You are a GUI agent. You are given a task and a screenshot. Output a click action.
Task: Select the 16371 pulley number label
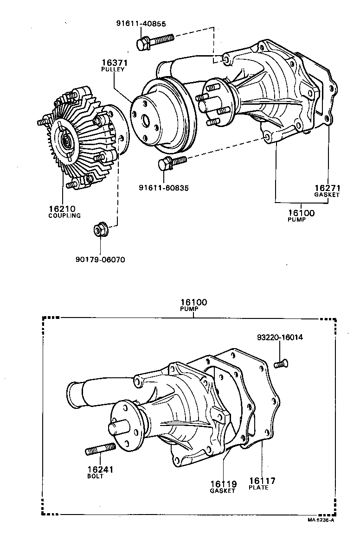[115, 63]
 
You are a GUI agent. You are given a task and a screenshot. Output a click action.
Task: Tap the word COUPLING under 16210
[64, 216]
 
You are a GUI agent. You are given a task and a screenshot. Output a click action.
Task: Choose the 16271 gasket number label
[328, 188]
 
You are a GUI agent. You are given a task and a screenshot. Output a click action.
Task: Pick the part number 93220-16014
[280, 337]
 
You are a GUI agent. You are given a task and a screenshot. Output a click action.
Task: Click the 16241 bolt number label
[101, 470]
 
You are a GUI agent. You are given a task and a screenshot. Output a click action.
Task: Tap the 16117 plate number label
[262, 481]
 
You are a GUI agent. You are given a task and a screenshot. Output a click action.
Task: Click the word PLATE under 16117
[258, 488]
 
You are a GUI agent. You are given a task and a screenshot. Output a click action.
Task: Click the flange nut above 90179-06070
[100, 229]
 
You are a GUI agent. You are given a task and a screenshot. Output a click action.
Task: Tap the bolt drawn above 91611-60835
[172, 162]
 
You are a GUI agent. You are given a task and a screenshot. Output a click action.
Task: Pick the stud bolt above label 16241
[101, 449]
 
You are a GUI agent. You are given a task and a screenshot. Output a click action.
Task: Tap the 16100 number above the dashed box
[194, 303]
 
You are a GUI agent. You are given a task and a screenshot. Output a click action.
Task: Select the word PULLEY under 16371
[113, 69]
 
